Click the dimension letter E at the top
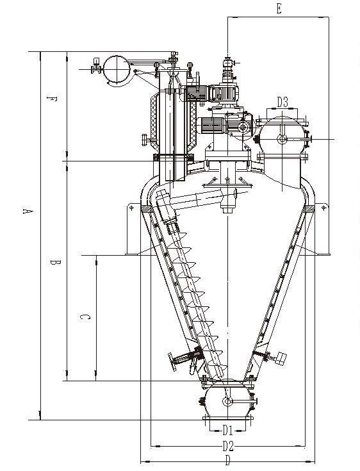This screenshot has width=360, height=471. [x=279, y=9]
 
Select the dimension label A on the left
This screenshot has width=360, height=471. [x=28, y=211]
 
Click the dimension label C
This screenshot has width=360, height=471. [x=85, y=317]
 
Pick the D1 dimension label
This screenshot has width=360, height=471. [x=227, y=431]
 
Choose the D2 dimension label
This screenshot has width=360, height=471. [x=228, y=446]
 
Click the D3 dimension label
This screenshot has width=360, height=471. [x=282, y=102]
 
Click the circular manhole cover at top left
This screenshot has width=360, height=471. [x=116, y=70]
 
